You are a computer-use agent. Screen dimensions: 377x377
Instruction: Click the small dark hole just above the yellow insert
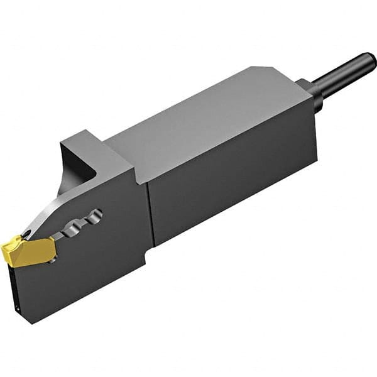[27, 235]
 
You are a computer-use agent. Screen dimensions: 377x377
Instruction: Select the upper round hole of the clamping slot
[96, 215]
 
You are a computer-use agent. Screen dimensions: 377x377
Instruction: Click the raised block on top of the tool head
[94, 151]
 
